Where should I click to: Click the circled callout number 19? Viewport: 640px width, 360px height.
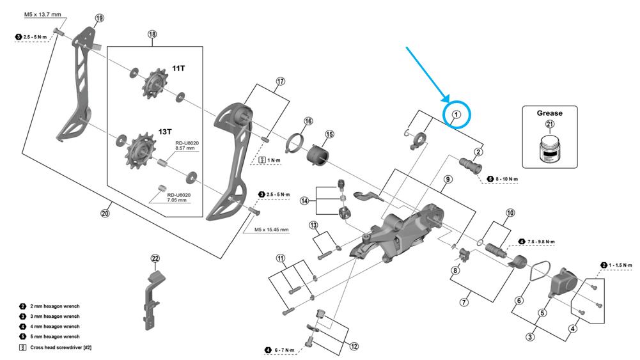(x=98, y=18)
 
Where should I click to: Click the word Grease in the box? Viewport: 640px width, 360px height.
(x=550, y=113)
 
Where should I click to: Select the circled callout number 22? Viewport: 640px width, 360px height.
(x=155, y=258)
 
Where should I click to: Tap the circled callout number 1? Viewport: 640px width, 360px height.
(x=457, y=115)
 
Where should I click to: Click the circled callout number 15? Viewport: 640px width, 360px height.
(x=329, y=134)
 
